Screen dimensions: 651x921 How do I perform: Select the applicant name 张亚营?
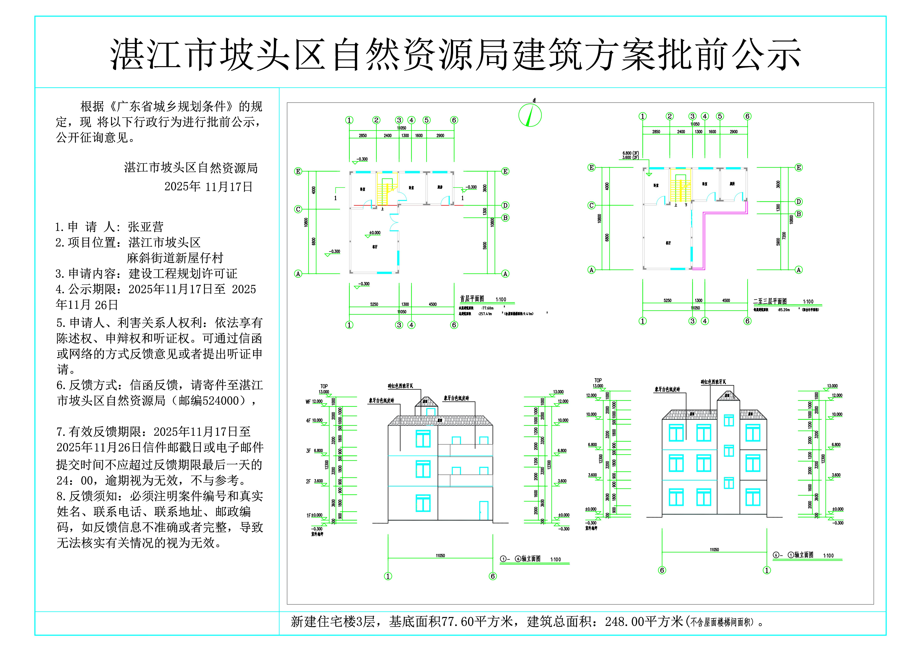pyautogui.click(x=146, y=227)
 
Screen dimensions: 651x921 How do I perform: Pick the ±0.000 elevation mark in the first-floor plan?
pyautogui.click(x=375, y=233)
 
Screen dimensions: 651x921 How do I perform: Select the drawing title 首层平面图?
pyautogui.click(x=472, y=299)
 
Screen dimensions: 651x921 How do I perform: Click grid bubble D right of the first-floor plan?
pyautogui.click(x=505, y=205)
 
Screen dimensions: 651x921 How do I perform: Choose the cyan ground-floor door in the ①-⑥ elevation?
pyautogui.click(x=484, y=510)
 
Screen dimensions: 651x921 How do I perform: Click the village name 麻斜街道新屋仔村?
pyautogui.click(x=175, y=258)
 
